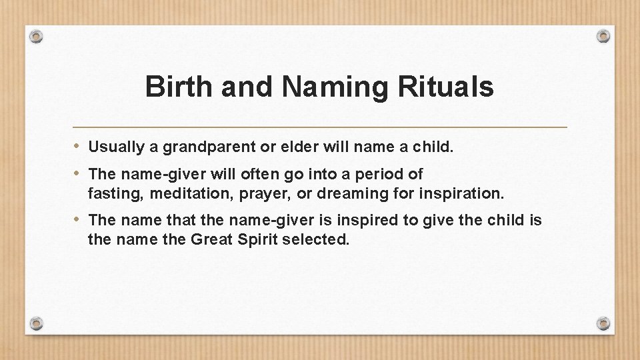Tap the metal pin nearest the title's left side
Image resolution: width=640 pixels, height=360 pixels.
pyautogui.click(x=37, y=35)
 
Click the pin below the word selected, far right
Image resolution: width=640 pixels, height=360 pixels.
pyautogui.click(x=603, y=323)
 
